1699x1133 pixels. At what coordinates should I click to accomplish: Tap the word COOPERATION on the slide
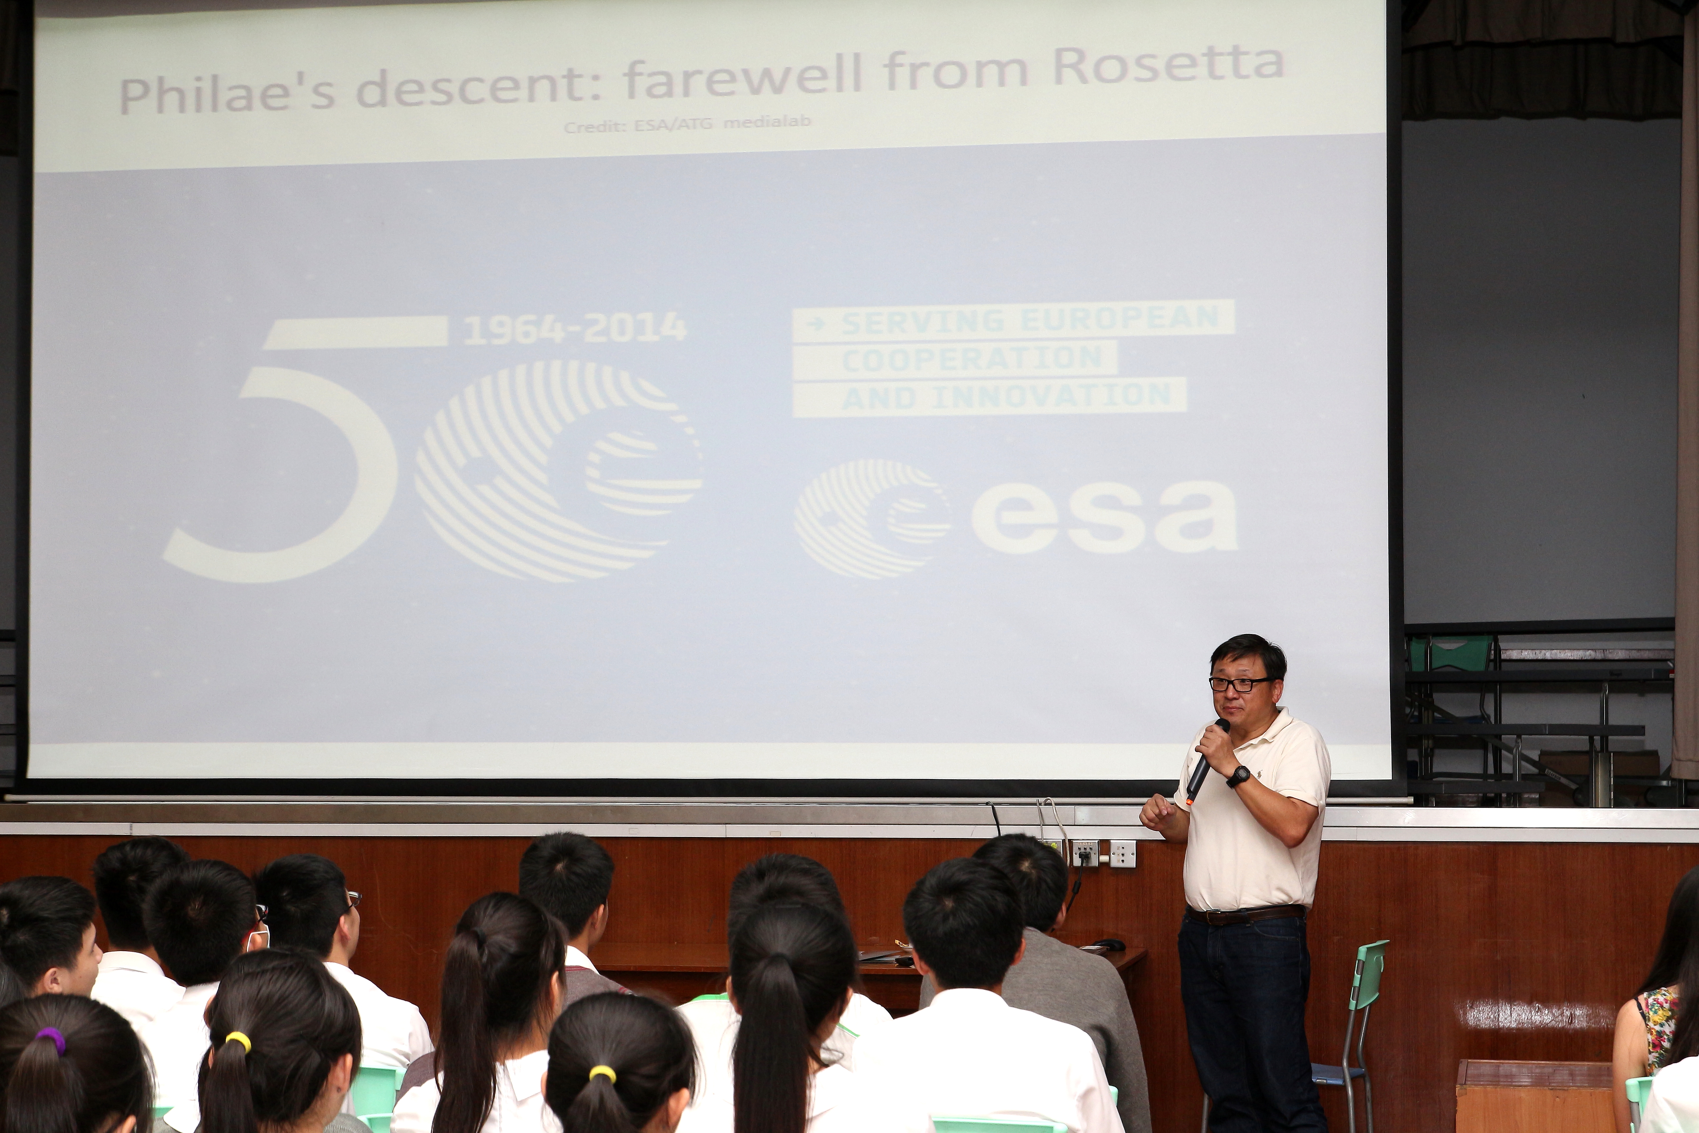971,358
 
